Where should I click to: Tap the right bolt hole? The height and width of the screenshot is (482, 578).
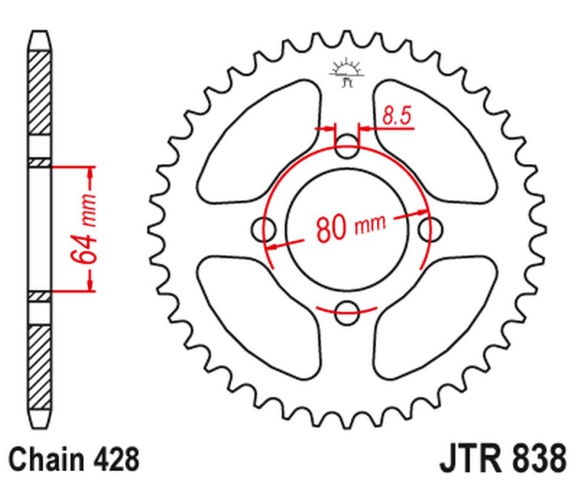pos(431,231)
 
